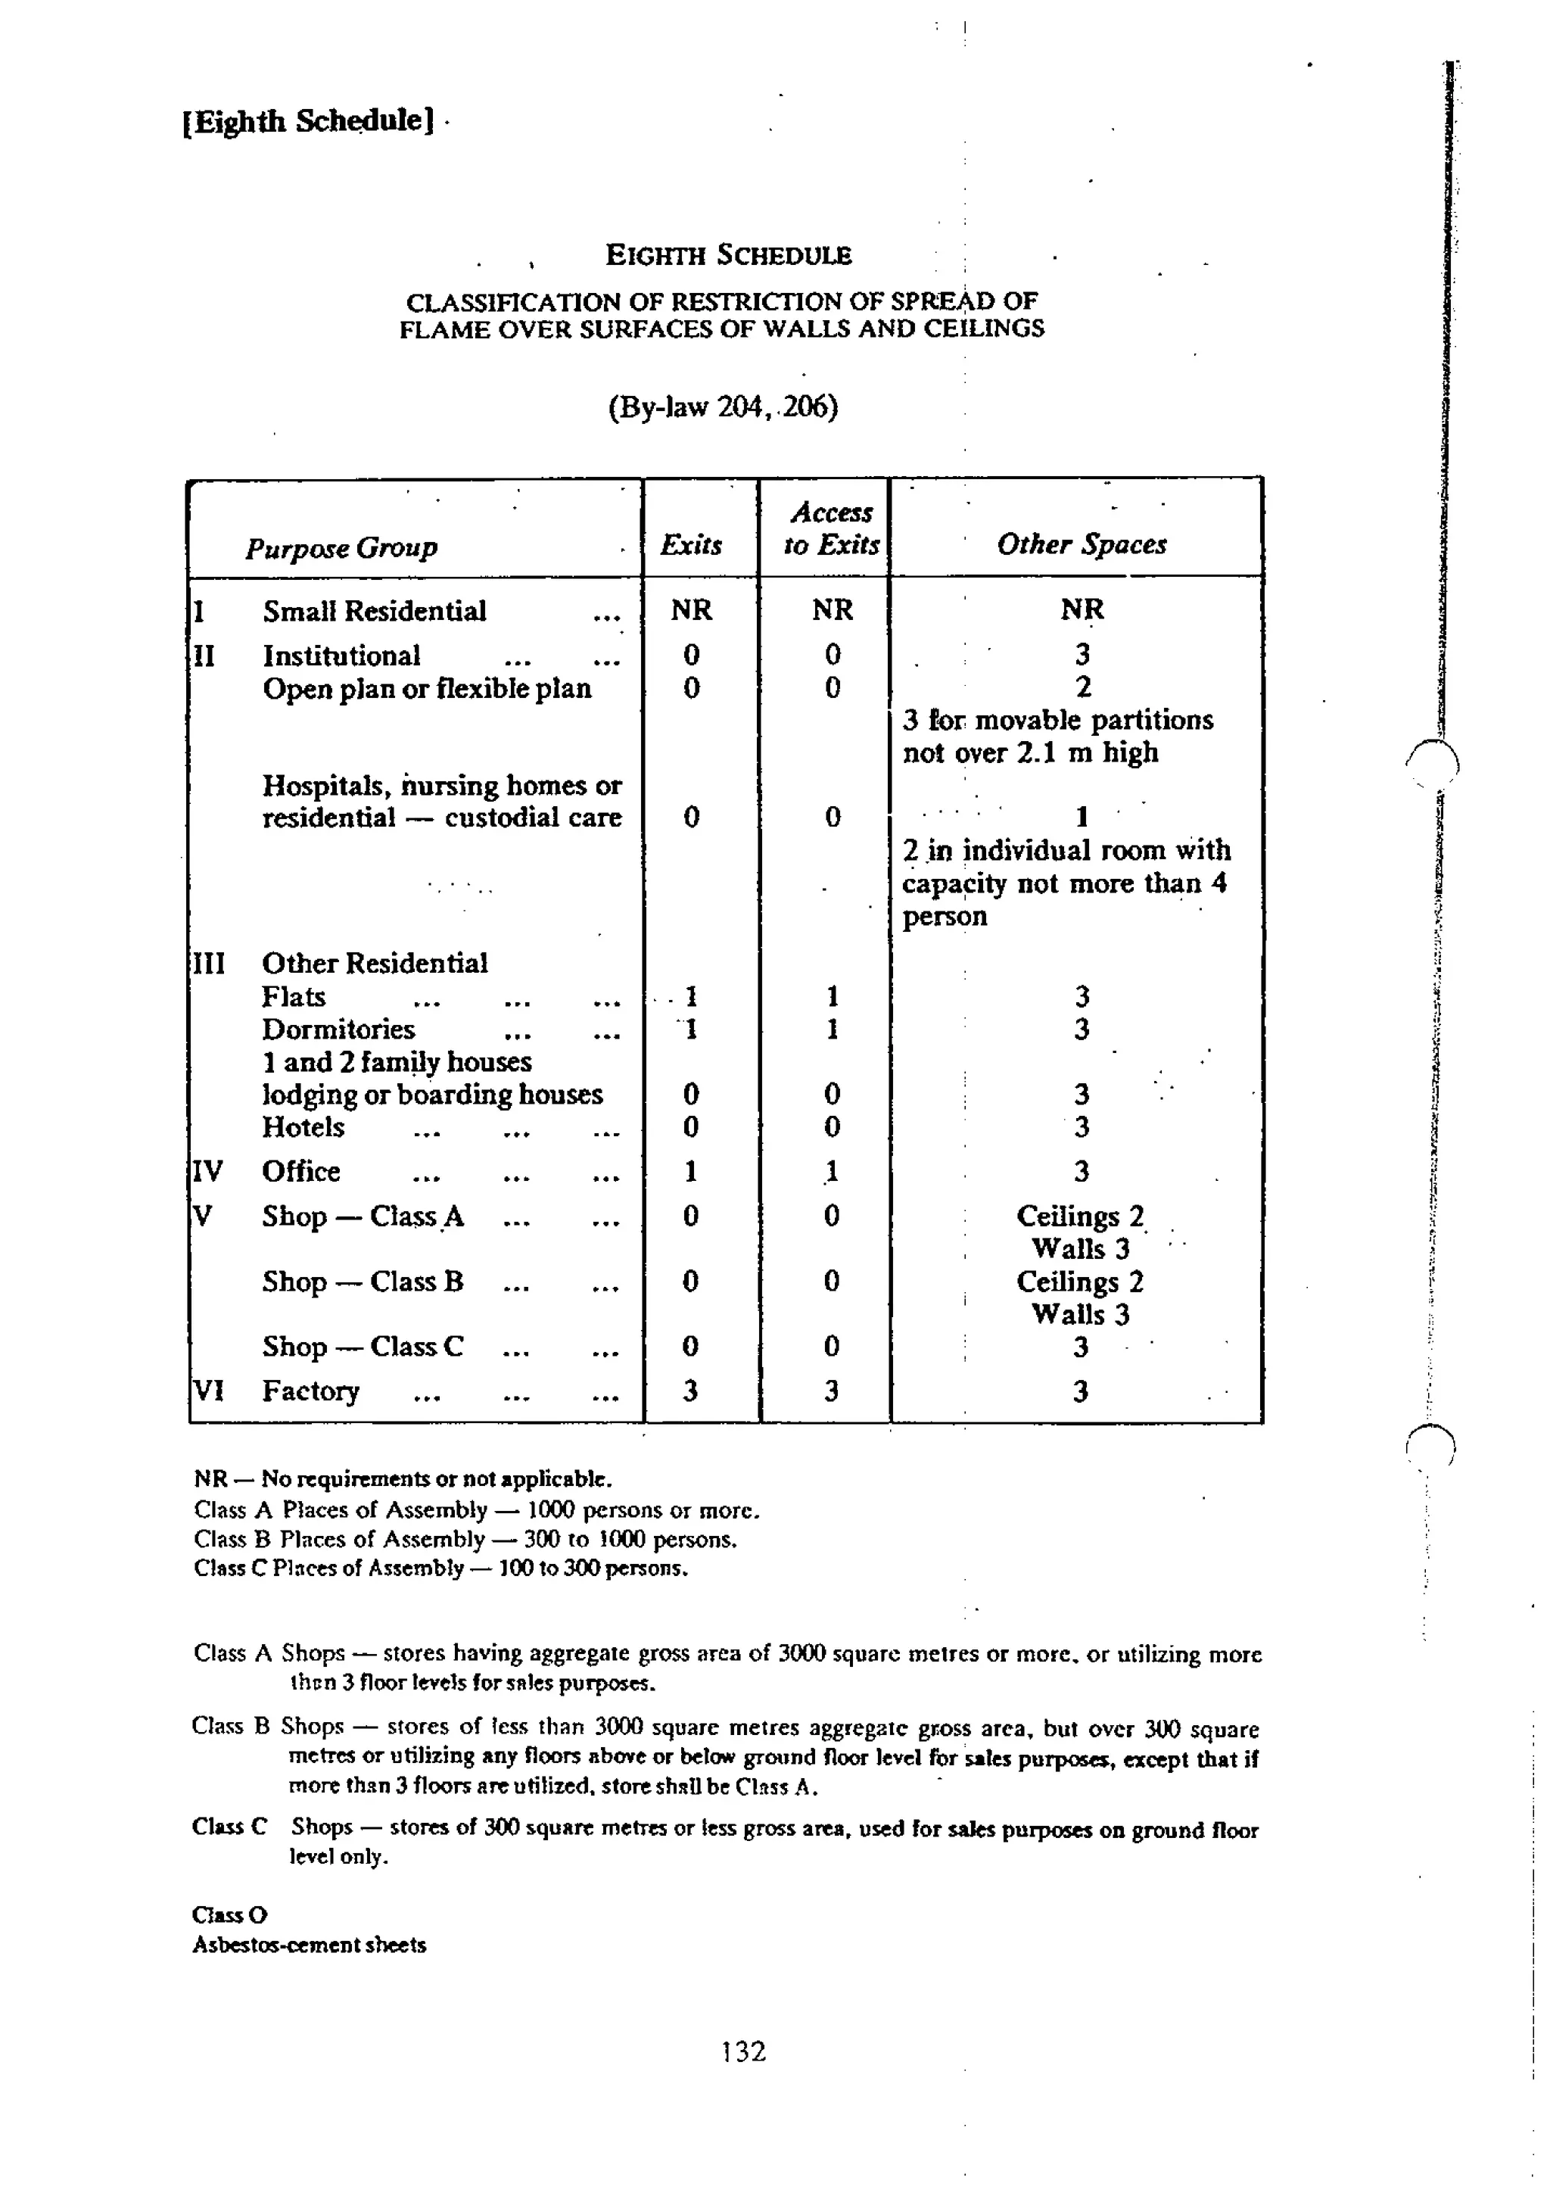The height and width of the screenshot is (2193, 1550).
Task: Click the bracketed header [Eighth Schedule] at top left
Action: pyautogui.click(x=307, y=121)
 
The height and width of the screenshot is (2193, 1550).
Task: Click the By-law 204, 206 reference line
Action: pyautogui.click(x=723, y=407)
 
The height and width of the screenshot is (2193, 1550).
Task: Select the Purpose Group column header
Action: pyautogui.click(x=341, y=547)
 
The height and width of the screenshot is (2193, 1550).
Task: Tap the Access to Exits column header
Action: pyautogui.click(x=830, y=528)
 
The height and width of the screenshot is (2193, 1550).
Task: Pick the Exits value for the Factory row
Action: pyautogui.click(x=690, y=1391)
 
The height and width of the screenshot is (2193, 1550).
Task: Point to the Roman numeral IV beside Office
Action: pyautogui.click(x=207, y=1171)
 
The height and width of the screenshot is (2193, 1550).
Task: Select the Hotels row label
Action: pyautogui.click(x=303, y=1127)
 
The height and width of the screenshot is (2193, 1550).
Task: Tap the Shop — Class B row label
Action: pyautogui.click(x=363, y=1281)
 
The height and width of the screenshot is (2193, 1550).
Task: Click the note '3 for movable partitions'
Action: pyautogui.click(x=1057, y=719)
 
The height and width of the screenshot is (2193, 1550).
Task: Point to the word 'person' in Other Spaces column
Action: pyautogui.click(x=945, y=916)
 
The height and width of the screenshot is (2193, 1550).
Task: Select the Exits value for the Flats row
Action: pyautogui.click(x=690, y=996)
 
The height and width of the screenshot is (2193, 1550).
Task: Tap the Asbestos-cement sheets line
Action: pyautogui.click(x=309, y=1945)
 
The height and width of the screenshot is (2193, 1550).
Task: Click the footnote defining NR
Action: pyautogui.click(x=402, y=1479)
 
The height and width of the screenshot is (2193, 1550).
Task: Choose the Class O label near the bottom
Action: pyautogui.click(x=229, y=1914)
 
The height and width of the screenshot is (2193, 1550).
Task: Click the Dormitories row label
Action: pyautogui.click(x=338, y=1029)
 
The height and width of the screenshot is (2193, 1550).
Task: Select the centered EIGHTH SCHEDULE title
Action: pyautogui.click(x=728, y=255)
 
